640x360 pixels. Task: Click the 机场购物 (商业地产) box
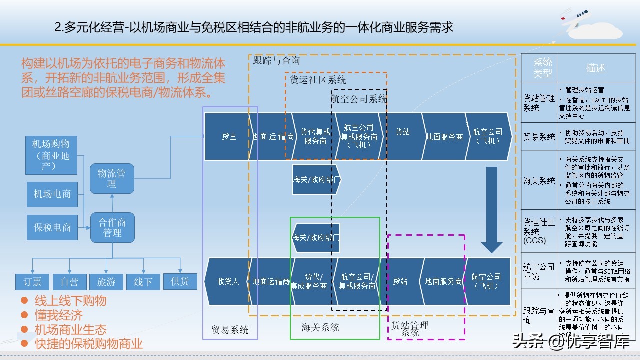click(51, 155)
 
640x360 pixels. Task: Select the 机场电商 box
click(52, 194)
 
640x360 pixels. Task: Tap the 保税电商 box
click(52, 227)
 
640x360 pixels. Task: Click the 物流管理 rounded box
click(112, 178)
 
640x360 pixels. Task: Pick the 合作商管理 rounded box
click(112, 227)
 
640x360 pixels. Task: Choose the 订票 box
click(32, 282)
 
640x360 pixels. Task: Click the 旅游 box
click(106, 282)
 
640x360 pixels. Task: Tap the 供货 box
click(180, 281)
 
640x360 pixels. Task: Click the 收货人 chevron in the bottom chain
click(228, 281)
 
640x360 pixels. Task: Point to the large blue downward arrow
click(491, 210)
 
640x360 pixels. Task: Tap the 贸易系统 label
click(230, 330)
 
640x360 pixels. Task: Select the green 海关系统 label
click(320, 327)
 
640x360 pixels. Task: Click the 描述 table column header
click(595, 68)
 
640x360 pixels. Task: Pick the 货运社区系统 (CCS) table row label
click(539, 231)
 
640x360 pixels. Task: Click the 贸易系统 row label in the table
click(539, 137)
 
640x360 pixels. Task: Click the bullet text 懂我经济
click(59, 315)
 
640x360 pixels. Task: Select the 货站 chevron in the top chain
click(402, 132)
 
